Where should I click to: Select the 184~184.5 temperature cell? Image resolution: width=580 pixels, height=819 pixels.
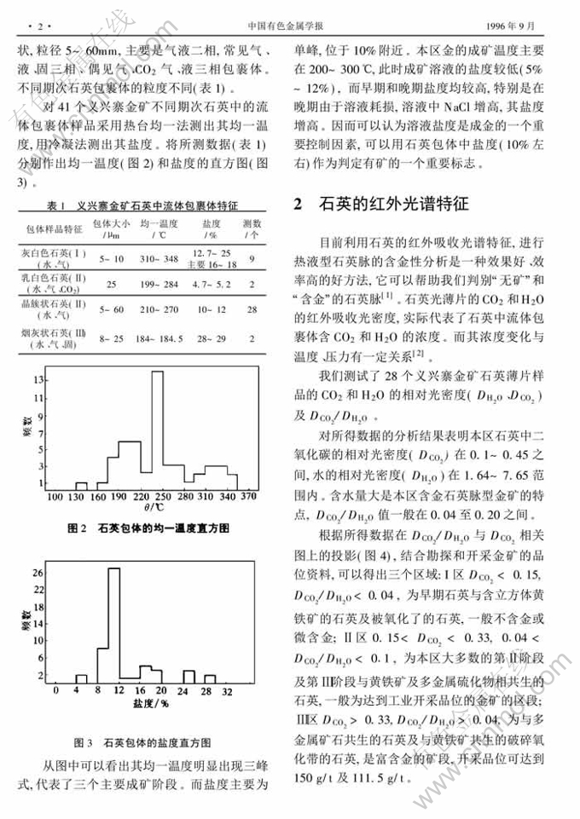[159, 339]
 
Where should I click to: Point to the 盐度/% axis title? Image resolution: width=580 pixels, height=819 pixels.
[151, 704]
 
